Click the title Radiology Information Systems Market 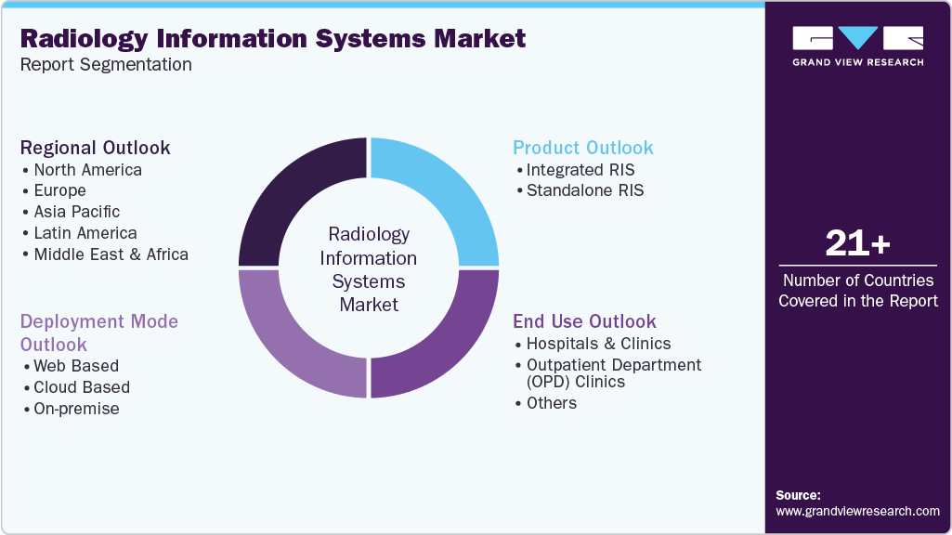pyautogui.click(x=272, y=39)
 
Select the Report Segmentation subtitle pyautogui.click(x=106, y=65)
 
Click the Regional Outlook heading pyautogui.click(x=96, y=148)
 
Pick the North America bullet pyautogui.click(x=87, y=170)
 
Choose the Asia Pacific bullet pyautogui.click(x=76, y=212)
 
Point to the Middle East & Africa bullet pyautogui.click(x=111, y=254)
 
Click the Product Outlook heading pyautogui.click(x=583, y=148)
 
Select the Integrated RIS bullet pyautogui.click(x=580, y=170)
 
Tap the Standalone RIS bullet pyautogui.click(x=584, y=190)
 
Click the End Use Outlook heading pyautogui.click(x=584, y=321)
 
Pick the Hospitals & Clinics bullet pyautogui.click(x=598, y=344)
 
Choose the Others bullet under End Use pyautogui.click(x=552, y=403)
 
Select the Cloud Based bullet pyautogui.click(x=82, y=387)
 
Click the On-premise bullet pyautogui.click(x=76, y=409)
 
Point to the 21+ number pyautogui.click(x=857, y=244)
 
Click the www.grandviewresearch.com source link pyautogui.click(x=857, y=511)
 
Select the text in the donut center pyautogui.click(x=369, y=269)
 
